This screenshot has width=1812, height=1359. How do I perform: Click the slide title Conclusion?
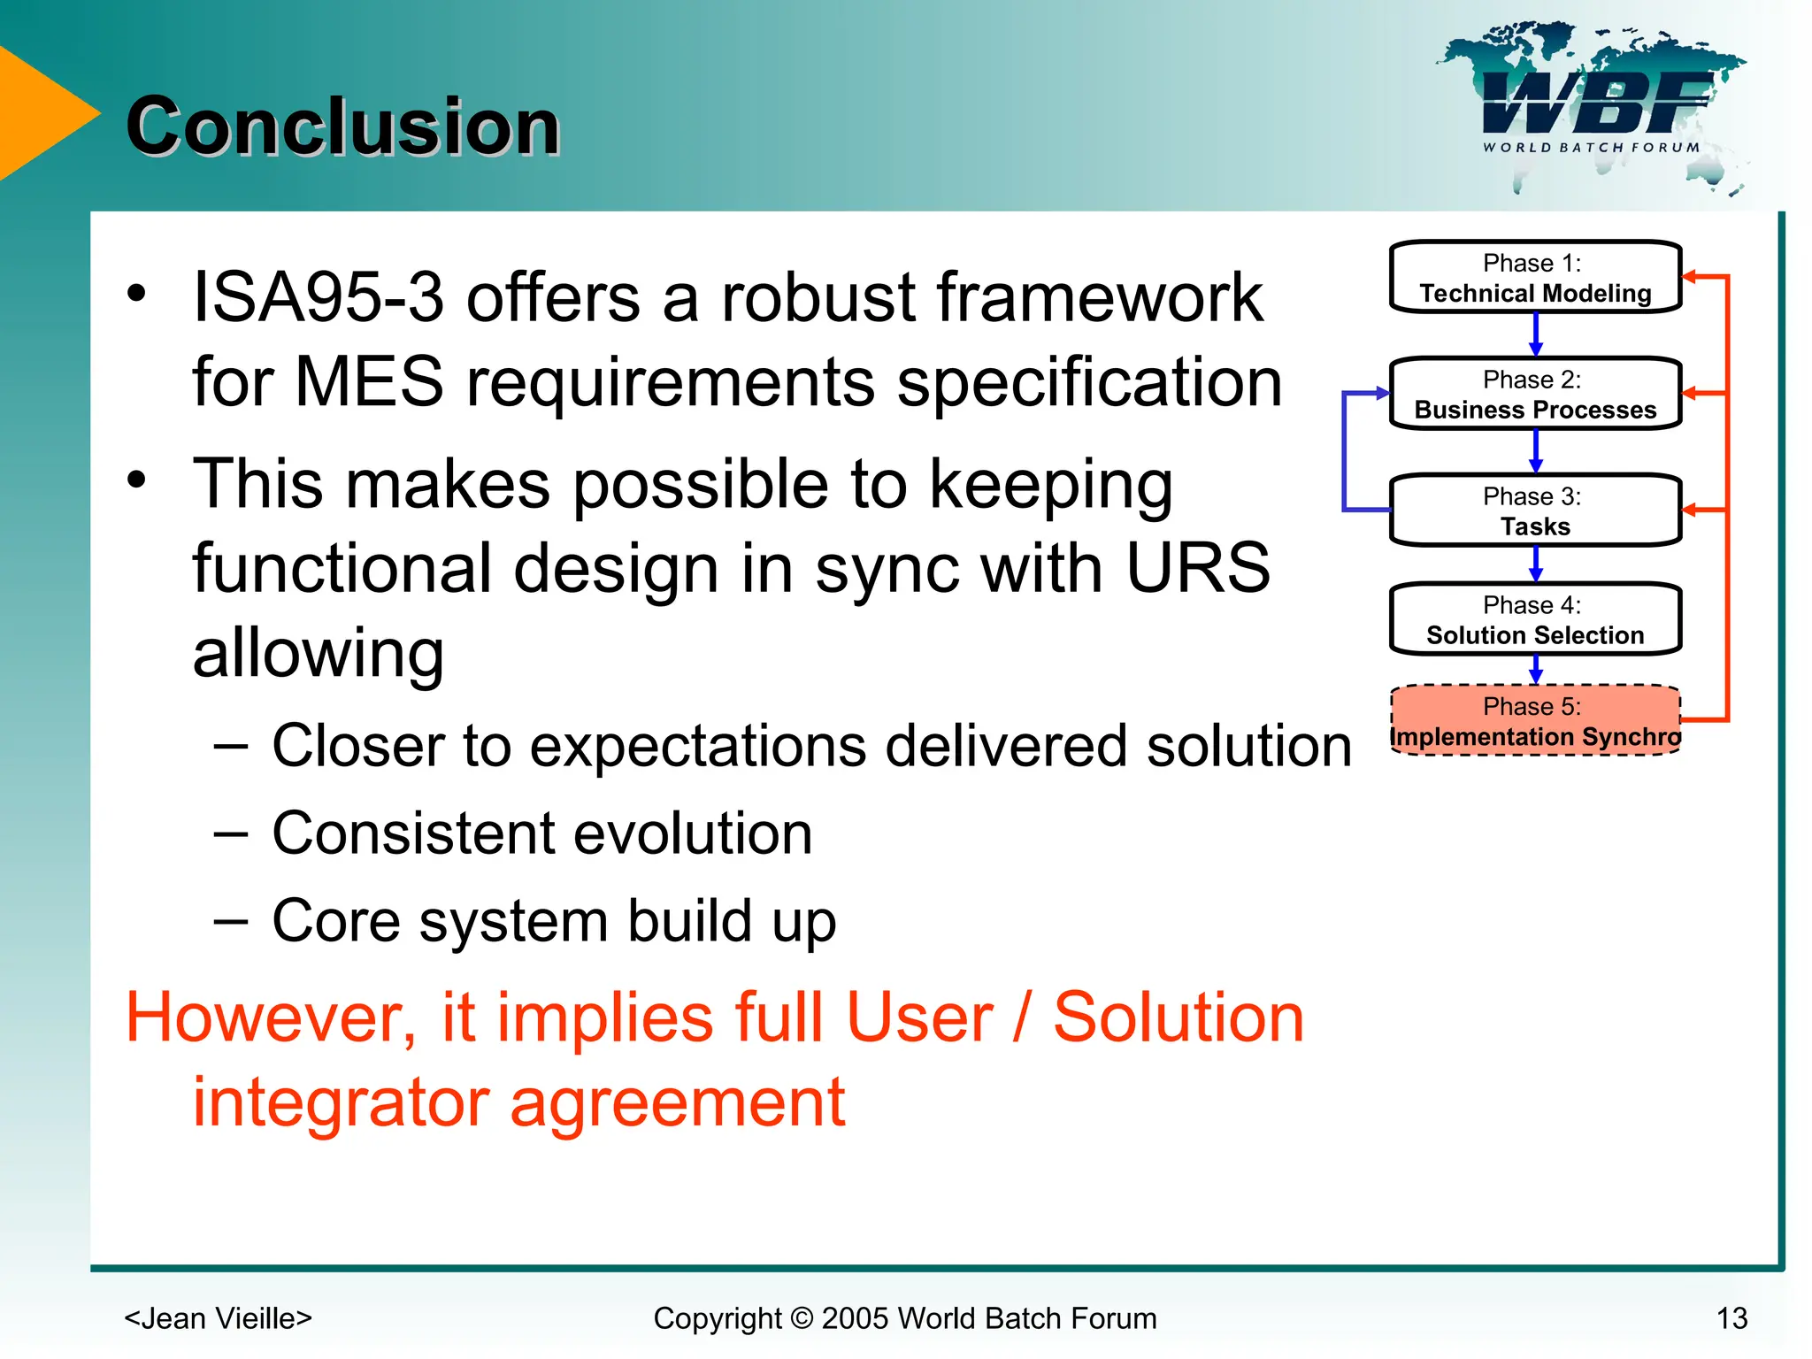[x=343, y=127]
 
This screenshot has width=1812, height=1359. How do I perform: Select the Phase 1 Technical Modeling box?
[x=1535, y=278]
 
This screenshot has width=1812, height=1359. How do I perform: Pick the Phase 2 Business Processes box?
[x=1535, y=395]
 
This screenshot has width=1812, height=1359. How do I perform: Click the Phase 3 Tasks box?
[x=1535, y=511]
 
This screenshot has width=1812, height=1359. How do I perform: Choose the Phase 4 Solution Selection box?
[x=1535, y=619]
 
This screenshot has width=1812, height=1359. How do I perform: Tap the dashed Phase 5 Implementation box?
[x=1535, y=721]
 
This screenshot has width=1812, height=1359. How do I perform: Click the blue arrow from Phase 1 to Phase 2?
[x=1536, y=335]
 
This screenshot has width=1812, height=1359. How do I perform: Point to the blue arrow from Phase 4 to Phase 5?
[x=1536, y=670]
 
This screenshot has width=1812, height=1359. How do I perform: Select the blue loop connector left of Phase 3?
[x=1345, y=451]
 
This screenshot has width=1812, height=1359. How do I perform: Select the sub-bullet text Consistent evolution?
[x=541, y=833]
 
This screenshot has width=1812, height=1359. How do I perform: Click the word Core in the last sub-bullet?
[x=336, y=921]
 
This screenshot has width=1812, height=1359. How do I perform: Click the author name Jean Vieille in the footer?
[x=218, y=1318]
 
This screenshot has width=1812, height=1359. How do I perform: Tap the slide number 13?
[x=1731, y=1318]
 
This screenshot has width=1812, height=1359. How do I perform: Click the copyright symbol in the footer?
[x=801, y=1318]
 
